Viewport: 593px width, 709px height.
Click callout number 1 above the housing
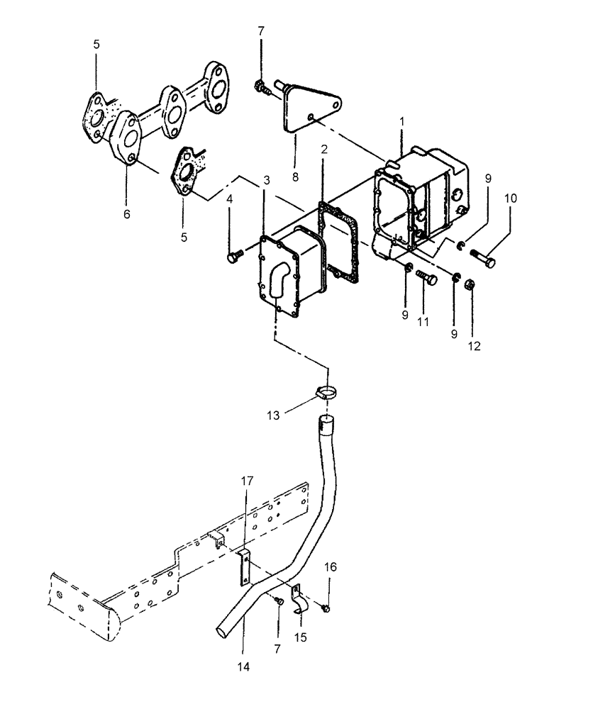[401, 122]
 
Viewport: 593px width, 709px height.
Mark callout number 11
[424, 321]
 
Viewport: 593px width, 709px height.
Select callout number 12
[474, 347]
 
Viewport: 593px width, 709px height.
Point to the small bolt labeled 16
[326, 607]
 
